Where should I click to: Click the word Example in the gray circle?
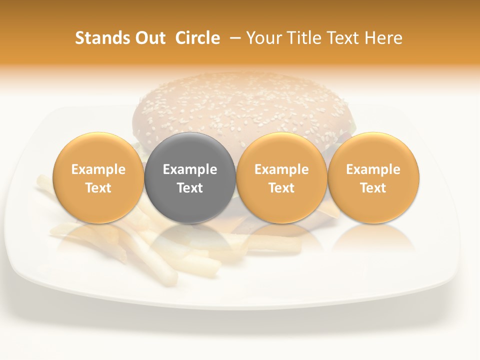click(x=190, y=169)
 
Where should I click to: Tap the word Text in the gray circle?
click(x=190, y=188)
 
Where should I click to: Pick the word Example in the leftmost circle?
click(x=98, y=169)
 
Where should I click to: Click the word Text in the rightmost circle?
click(x=373, y=188)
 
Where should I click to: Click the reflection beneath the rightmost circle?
click(x=373, y=237)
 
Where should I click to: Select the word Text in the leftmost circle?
click(x=98, y=188)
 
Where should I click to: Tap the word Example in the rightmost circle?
click(x=373, y=169)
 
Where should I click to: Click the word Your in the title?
click(x=261, y=38)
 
